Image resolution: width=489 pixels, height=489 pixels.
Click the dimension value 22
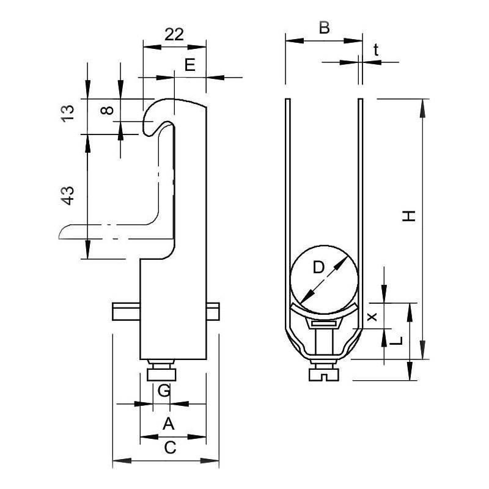point(174,34)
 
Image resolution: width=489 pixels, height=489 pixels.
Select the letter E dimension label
point(190,65)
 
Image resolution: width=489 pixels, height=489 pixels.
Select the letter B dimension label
point(324,28)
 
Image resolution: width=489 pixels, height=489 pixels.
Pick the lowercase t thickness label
point(376,51)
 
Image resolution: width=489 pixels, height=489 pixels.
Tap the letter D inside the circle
point(318,267)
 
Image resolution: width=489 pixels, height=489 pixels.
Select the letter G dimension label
point(163,390)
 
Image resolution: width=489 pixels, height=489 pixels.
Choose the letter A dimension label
point(169,423)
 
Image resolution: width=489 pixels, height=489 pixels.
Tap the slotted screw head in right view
point(324,371)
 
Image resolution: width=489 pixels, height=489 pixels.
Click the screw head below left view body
point(163,371)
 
